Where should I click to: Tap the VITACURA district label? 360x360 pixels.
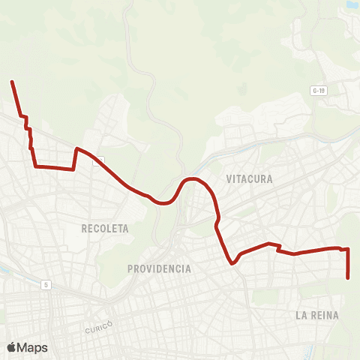(x=249, y=179)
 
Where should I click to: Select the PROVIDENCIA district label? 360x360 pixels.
(x=159, y=268)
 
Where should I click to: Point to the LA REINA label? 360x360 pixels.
(x=317, y=316)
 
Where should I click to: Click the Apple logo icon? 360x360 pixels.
(x=13, y=347)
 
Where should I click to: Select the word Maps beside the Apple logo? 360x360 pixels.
(x=33, y=347)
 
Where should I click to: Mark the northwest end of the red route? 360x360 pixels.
(x=11, y=81)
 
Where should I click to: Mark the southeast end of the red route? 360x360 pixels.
(x=349, y=278)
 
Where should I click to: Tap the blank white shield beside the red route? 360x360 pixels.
(x=99, y=160)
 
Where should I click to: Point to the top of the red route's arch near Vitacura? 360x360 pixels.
(x=192, y=178)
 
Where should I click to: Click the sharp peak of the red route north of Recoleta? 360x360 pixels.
(x=76, y=148)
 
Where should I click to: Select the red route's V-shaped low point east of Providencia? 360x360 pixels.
(x=232, y=262)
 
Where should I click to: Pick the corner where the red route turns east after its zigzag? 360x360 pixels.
(x=35, y=166)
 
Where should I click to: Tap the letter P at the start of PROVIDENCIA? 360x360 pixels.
(x=130, y=268)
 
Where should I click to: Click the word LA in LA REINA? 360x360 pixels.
(x=301, y=316)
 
